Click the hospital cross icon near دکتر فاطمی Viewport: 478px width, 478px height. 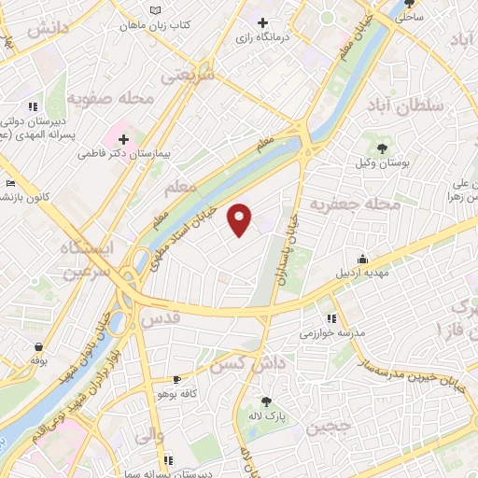click(123, 138)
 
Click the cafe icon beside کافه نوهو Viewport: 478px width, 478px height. click(176, 380)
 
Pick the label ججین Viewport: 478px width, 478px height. click(330, 429)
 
